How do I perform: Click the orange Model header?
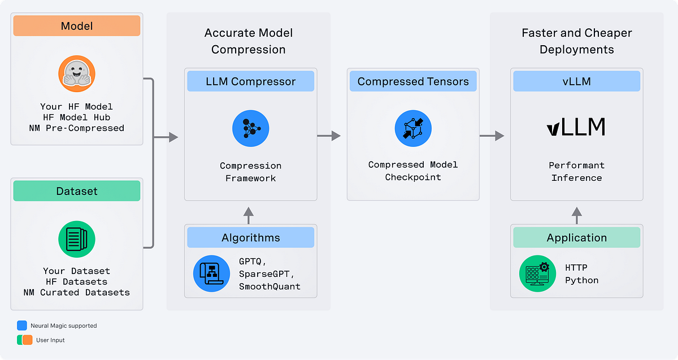point(77,26)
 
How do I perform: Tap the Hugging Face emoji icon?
point(77,74)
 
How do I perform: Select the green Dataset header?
point(77,192)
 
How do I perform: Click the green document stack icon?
point(77,239)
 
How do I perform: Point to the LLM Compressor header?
point(250,81)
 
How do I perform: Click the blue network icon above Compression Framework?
point(250,129)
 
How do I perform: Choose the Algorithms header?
point(250,238)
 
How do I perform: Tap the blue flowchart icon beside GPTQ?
point(211,274)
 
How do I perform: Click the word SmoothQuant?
point(270,287)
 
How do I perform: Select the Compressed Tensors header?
point(413,81)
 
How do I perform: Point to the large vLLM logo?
point(576,127)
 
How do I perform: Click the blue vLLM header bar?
point(576,81)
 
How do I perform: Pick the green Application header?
point(576,238)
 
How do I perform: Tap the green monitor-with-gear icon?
point(537,274)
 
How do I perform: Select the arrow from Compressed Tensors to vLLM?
point(492,136)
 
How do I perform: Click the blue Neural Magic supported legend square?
point(22,326)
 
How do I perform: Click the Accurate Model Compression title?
point(248,41)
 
